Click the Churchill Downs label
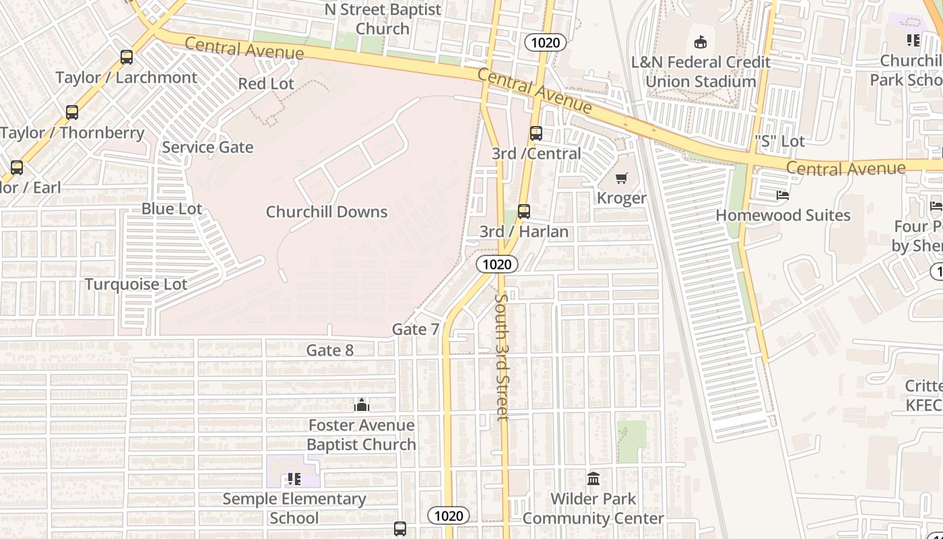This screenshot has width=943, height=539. (x=327, y=212)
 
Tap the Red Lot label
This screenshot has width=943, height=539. (x=267, y=84)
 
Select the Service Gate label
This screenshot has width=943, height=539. (x=207, y=147)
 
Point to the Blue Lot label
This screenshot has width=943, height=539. (x=172, y=209)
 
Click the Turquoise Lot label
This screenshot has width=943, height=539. (x=136, y=284)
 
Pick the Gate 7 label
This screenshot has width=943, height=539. (x=416, y=329)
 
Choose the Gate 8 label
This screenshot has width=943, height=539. (x=330, y=350)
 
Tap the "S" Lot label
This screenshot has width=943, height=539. (x=779, y=141)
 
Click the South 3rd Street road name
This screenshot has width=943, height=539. (x=502, y=356)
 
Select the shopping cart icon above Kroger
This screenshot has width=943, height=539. (x=622, y=179)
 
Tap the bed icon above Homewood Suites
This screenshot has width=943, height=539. (x=783, y=195)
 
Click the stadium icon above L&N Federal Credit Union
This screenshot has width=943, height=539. (x=701, y=42)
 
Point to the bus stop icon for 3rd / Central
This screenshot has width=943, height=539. (x=536, y=133)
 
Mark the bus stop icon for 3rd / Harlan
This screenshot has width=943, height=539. (x=524, y=212)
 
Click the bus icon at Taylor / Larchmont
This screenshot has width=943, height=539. (x=127, y=57)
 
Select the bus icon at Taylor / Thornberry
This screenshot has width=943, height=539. (x=72, y=113)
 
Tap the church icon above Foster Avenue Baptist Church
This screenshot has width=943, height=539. (x=362, y=405)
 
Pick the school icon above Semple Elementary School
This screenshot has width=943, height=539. (x=294, y=478)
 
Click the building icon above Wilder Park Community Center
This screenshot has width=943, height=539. (x=593, y=478)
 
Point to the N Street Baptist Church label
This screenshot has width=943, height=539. (x=383, y=19)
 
